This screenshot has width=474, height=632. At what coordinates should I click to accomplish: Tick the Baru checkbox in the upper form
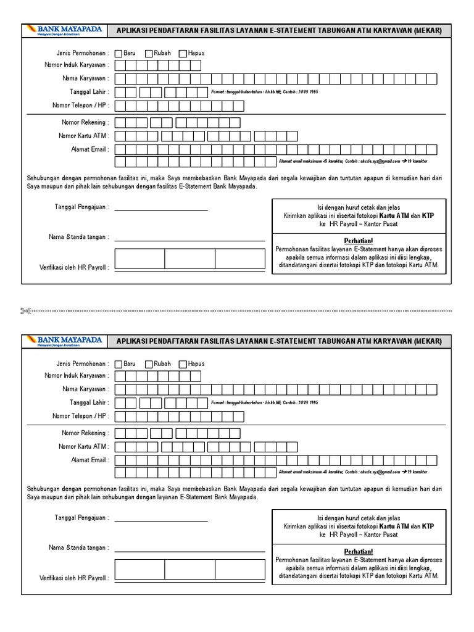coord(118,54)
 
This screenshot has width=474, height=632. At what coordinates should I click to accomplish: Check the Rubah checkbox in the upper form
coord(149,54)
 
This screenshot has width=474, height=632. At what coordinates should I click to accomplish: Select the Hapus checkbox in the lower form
coord(183,365)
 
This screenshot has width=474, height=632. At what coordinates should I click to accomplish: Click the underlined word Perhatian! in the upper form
coord(358,240)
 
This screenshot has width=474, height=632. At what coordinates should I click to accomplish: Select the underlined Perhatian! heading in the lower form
coord(358,551)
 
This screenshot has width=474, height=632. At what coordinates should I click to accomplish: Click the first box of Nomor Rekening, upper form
coord(121,123)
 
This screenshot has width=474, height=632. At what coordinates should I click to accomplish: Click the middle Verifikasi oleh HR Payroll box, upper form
coord(189,259)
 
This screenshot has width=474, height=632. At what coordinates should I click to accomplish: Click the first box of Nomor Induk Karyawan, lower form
coord(119,376)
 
